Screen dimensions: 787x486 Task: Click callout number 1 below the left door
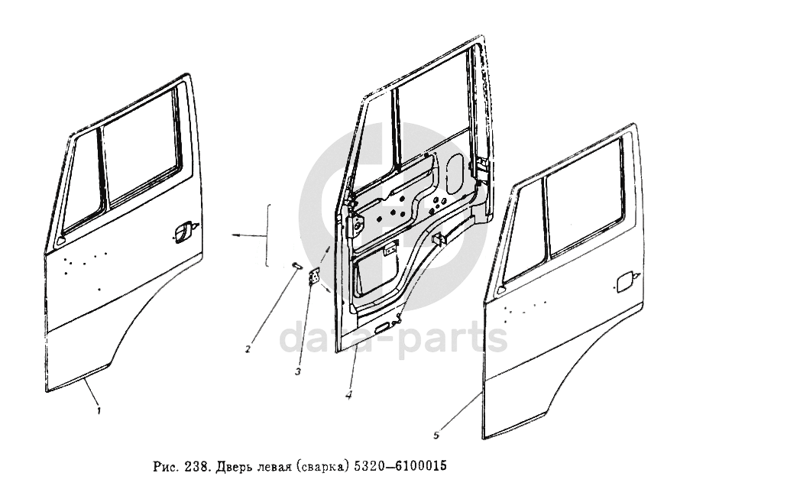click(x=99, y=410)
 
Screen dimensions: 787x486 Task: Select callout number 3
click(x=298, y=372)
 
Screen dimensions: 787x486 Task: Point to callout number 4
click(x=348, y=395)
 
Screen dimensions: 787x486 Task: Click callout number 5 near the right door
click(x=436, y=436)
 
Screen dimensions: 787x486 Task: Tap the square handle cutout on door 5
click(x=626, y=280)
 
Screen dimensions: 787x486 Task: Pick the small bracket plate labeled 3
click(x=314, y=277)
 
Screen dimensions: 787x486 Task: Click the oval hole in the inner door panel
click(x=455, y=173)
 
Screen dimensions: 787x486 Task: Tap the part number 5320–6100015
click(x=400, y=466)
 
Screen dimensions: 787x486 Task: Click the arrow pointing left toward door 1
click(x=248, y=235)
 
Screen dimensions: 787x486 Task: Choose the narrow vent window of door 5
click(x=523, y=235)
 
